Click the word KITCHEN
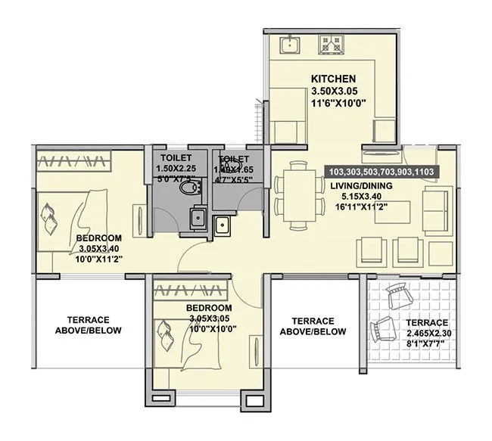pos(333,79)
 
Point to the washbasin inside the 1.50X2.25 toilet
pos(195,218)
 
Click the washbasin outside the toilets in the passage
pos(223,224)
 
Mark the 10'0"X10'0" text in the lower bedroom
pos(208,330)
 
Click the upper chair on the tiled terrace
pos(397,298)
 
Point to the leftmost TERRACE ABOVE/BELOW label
pos(89,325)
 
